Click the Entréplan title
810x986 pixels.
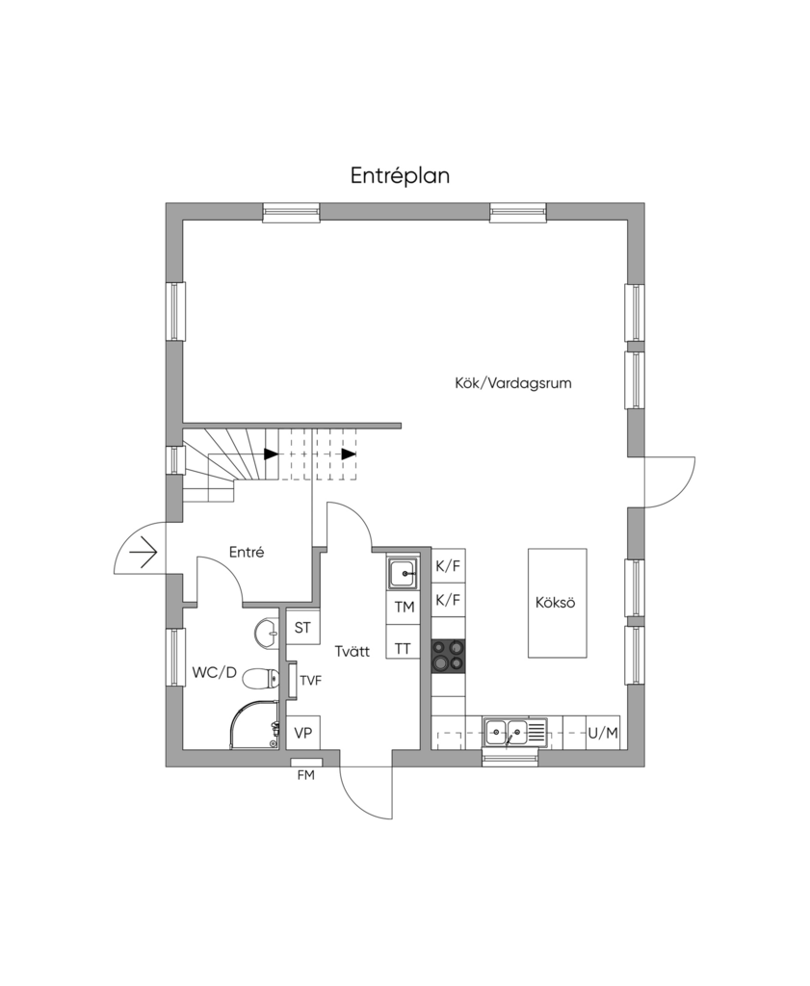coord(400,176)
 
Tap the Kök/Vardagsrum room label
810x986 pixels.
coord(513,383)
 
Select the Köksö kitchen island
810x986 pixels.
coord(558,603)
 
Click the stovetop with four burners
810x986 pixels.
coord(449,656)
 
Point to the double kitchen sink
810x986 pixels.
coord(515,733)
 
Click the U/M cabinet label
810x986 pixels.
coord(603,733)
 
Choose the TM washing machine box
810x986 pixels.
coord(404,607)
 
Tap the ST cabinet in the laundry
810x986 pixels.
coord(303,627)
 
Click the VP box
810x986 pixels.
coord(303,733)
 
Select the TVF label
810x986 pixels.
coord(311,681)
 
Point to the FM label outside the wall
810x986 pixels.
coord(306,775)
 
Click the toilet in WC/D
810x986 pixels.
coord(260,679)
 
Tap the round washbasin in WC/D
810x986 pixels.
coord(267,633)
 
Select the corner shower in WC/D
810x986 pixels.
coord(254,725)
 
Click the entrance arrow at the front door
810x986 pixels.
coord(143,553)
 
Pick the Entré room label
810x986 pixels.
coord(247,552)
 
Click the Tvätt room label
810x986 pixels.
coord(353,651)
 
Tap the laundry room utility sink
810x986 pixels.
coord(403,573)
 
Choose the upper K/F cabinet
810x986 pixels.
coord(449,566)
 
